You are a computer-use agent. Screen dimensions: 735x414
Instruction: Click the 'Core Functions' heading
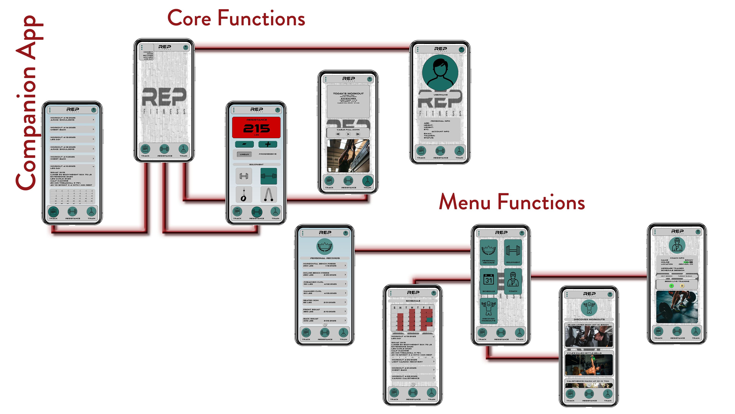coord(236,18)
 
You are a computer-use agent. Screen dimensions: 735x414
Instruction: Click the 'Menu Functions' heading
coord(512,202)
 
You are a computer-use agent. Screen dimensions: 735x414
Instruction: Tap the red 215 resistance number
coord(256,129)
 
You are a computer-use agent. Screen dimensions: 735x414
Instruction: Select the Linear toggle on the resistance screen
coord(244,154)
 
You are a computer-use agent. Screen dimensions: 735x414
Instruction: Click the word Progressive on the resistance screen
coord(267,154)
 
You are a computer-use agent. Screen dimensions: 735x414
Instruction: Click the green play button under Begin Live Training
coord(672,286)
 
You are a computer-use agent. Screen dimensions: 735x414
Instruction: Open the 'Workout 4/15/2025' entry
coord(72,119)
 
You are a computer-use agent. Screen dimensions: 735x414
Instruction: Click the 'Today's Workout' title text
coord(348,93)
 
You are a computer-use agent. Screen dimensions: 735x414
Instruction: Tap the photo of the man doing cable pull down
coord(348,156)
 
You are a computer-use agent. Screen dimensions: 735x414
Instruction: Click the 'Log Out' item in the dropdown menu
coord(148,59)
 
